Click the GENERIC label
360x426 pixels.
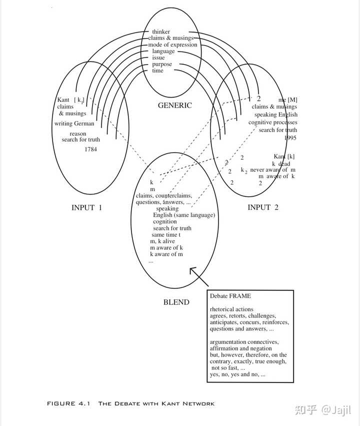[174, 106]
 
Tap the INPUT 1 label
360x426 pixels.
[86, 207]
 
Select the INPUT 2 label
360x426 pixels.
[263, 207]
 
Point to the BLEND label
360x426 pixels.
[176, 302]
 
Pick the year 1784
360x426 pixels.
[90, 149]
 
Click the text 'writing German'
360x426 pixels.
[74, 124]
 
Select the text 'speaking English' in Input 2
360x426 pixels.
[275, 115]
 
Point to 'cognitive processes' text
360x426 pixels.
[272, 122]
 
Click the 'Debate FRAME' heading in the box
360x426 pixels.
[230, 296]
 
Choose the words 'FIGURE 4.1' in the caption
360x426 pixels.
[68, 403]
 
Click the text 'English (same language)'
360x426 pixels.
[184, 215]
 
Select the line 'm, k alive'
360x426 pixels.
[162, 241]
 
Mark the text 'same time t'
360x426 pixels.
[166, 235]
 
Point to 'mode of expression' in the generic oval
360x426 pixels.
[172, 45]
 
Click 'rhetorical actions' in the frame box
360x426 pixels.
[231, 309]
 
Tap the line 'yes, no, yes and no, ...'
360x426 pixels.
[237, 374]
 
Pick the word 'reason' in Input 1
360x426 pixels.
[77, 134]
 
